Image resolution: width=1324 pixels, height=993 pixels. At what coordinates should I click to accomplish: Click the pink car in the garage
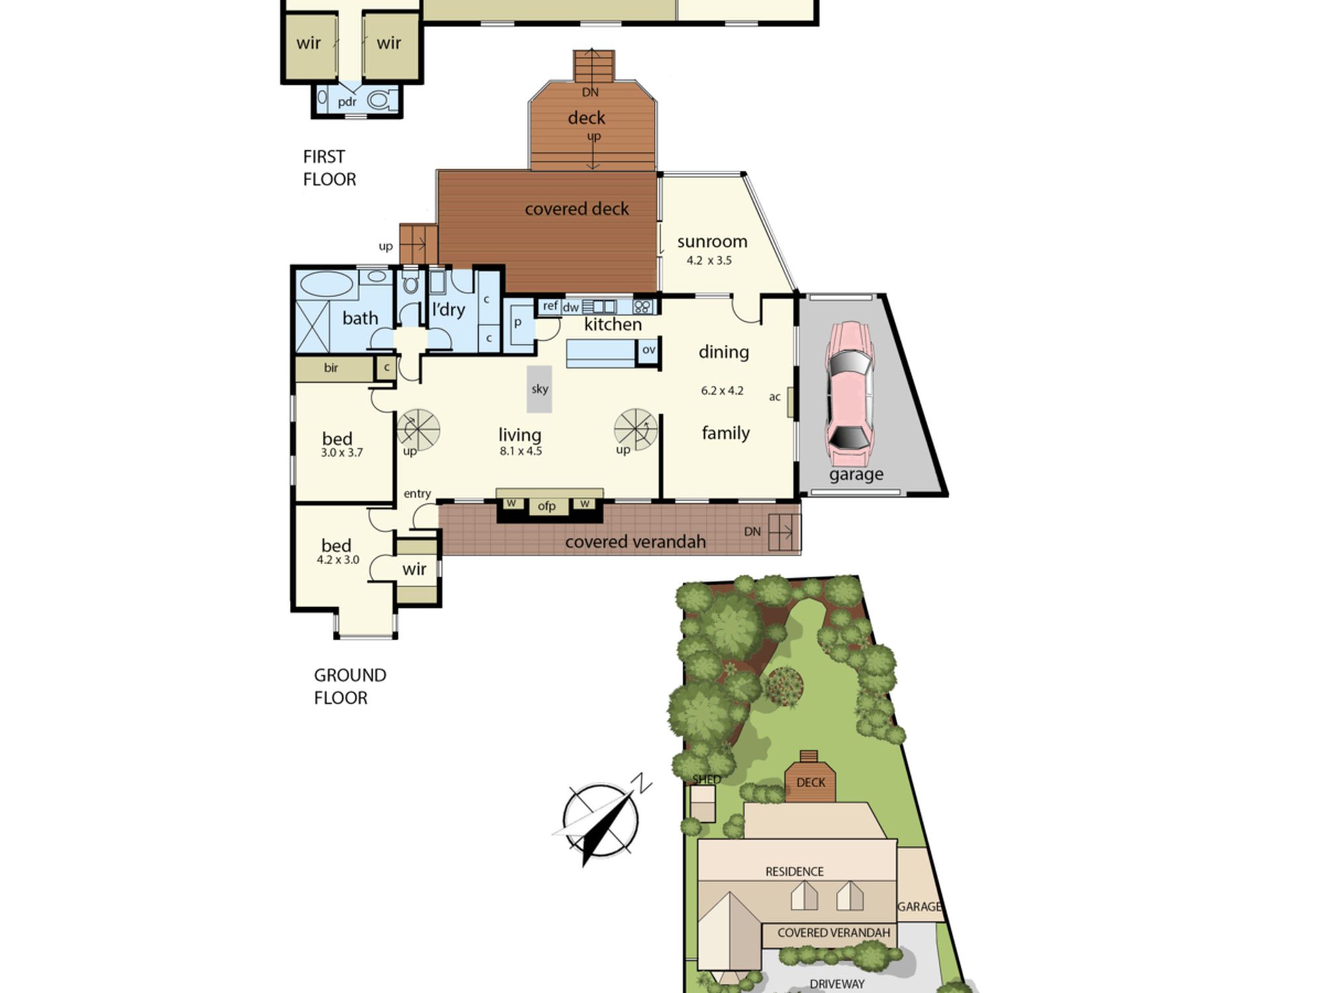click(x=849, y=393)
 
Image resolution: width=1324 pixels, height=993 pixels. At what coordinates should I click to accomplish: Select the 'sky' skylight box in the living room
click(x=540, y=389)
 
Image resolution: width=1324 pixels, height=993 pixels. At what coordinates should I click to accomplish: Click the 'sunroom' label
click(x=712, y=242)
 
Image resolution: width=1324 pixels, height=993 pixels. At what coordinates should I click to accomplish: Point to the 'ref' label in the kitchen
click(x=550, y=306)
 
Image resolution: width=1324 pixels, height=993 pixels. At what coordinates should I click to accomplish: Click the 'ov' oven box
click(x=649, y=350)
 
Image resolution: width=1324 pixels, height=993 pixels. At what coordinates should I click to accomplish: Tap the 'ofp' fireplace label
click(x=547, y=506)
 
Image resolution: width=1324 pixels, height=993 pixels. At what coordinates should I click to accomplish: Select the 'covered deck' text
click(x=577, y=209)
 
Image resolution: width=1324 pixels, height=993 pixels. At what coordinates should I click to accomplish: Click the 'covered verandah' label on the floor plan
click(x=636, y=542)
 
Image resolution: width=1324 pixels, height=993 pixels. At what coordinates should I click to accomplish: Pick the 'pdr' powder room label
click(x=348, y=102)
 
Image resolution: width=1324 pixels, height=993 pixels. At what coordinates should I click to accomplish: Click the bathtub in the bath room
click(x=327, y=285)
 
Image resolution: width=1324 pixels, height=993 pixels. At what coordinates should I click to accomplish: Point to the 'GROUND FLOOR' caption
click(x=350, y=686)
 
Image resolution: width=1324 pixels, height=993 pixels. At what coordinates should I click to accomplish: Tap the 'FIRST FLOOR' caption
click(x=330, y=168)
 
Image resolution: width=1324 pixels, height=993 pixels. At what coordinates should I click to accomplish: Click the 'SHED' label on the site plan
click(x=706, y=779)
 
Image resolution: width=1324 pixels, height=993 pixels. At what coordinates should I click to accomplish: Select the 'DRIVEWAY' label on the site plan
click(x=837, y=984)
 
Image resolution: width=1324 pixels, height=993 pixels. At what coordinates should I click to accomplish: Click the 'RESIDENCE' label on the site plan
click(x=794, y=872)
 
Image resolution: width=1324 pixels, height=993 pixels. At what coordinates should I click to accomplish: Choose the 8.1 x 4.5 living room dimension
click(x=521, y=451)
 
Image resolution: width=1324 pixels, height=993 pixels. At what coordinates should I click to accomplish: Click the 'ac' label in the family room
click(x=775, y=397)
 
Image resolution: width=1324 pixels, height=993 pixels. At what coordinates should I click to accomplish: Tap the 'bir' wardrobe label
click(x=331, y=367)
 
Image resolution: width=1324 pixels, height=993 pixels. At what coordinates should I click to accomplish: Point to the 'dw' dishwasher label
click(x=571, y=307)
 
